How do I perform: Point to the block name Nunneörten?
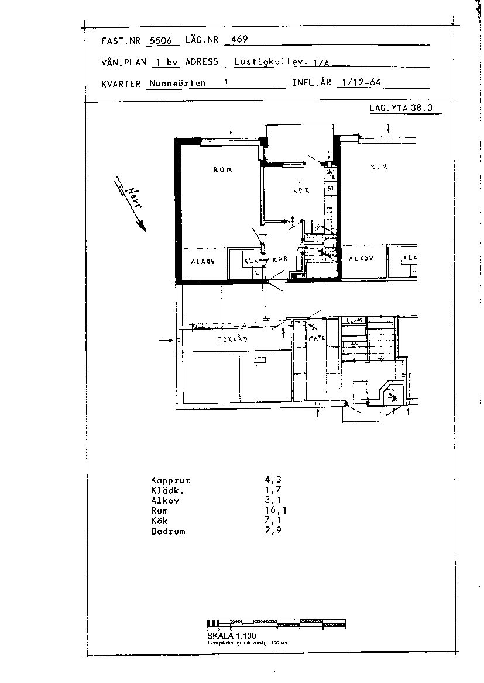click(177, 83)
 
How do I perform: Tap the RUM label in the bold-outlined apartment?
click(222, 170)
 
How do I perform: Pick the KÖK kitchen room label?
click(301, 190)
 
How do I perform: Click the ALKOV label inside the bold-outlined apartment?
click(203, 261)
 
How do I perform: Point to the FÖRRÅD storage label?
click(233, 339)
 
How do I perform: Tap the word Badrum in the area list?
click(168, 532)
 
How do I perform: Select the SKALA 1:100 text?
click(232, 635)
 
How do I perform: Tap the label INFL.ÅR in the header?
click(311, 83)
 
